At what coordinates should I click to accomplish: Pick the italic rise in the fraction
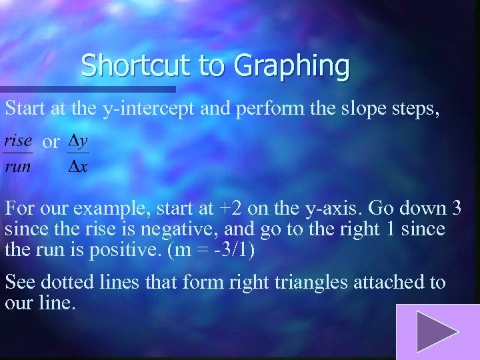pyautogui.click(x=18, y=141)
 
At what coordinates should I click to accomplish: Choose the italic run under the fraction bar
pyautogui.click(x=18, y=166)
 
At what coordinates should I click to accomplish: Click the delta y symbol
pyautogui.click(x=79, y=141)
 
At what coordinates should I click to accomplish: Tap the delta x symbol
pyautogui.click(x=78, y=166)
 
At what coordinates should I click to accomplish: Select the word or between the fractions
pyautogui.click(x=51, y=142)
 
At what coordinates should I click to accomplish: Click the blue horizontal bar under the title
pyautogui.click(x=87, y=89)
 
